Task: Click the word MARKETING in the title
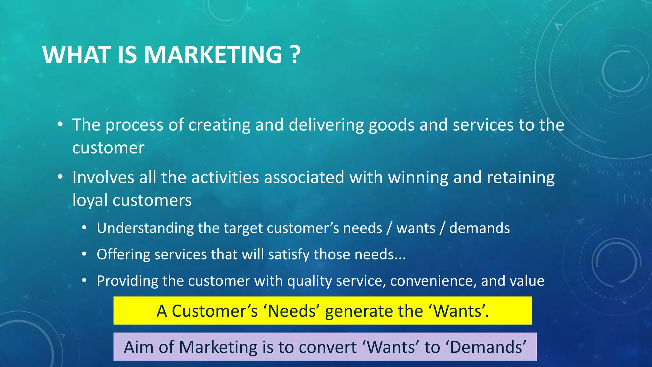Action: click(213, 55)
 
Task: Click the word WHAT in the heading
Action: click(77, 55)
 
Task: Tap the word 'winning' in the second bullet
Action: click(418, 178)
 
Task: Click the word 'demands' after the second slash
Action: click(479, 228)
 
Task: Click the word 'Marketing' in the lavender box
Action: click(218, 347)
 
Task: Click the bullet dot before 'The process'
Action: click(60, 125)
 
